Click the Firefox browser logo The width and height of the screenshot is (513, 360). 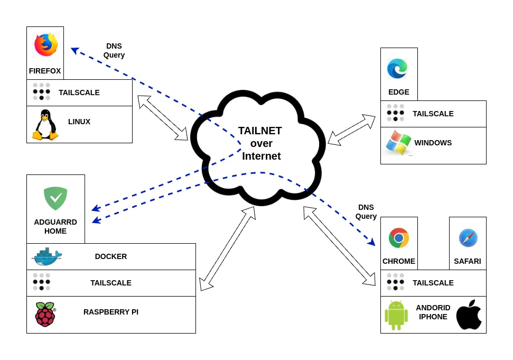click(x=46, y=44)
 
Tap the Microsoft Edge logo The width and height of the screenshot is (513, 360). click(x=397, y=69)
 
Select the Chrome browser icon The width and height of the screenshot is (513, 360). click(x=399, y=238)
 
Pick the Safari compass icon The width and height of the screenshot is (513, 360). click(x=468, y=238)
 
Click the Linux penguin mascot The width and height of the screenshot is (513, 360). click(x=45, y=125)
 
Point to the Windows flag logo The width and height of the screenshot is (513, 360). click(x=398, y=143)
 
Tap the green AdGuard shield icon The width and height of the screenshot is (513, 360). click(x=55, y=198)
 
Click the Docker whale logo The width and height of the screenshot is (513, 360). click(x=47, y=256)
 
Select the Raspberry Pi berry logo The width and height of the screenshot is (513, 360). click(x=45, y=314)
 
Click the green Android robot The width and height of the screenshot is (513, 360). click(x=396, y=316)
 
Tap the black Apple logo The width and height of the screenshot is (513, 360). click(x=469, y=315)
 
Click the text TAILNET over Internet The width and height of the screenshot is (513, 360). click(x=260, y=143)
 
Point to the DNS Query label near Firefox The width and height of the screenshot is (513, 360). click(x=114, y=51)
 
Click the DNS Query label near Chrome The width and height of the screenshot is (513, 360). click(x=366, y=212)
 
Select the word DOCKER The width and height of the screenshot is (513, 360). click(x=111, y=256)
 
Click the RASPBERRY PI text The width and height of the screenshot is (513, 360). click(x=111, y=312)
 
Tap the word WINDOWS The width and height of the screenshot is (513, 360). click(x=433, y=143)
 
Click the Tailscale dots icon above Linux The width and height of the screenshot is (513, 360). click(x=42, y=91)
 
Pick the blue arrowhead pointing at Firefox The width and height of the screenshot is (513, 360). click(x=75, y=50)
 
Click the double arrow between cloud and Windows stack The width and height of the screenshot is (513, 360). click(x=352, y=130)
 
